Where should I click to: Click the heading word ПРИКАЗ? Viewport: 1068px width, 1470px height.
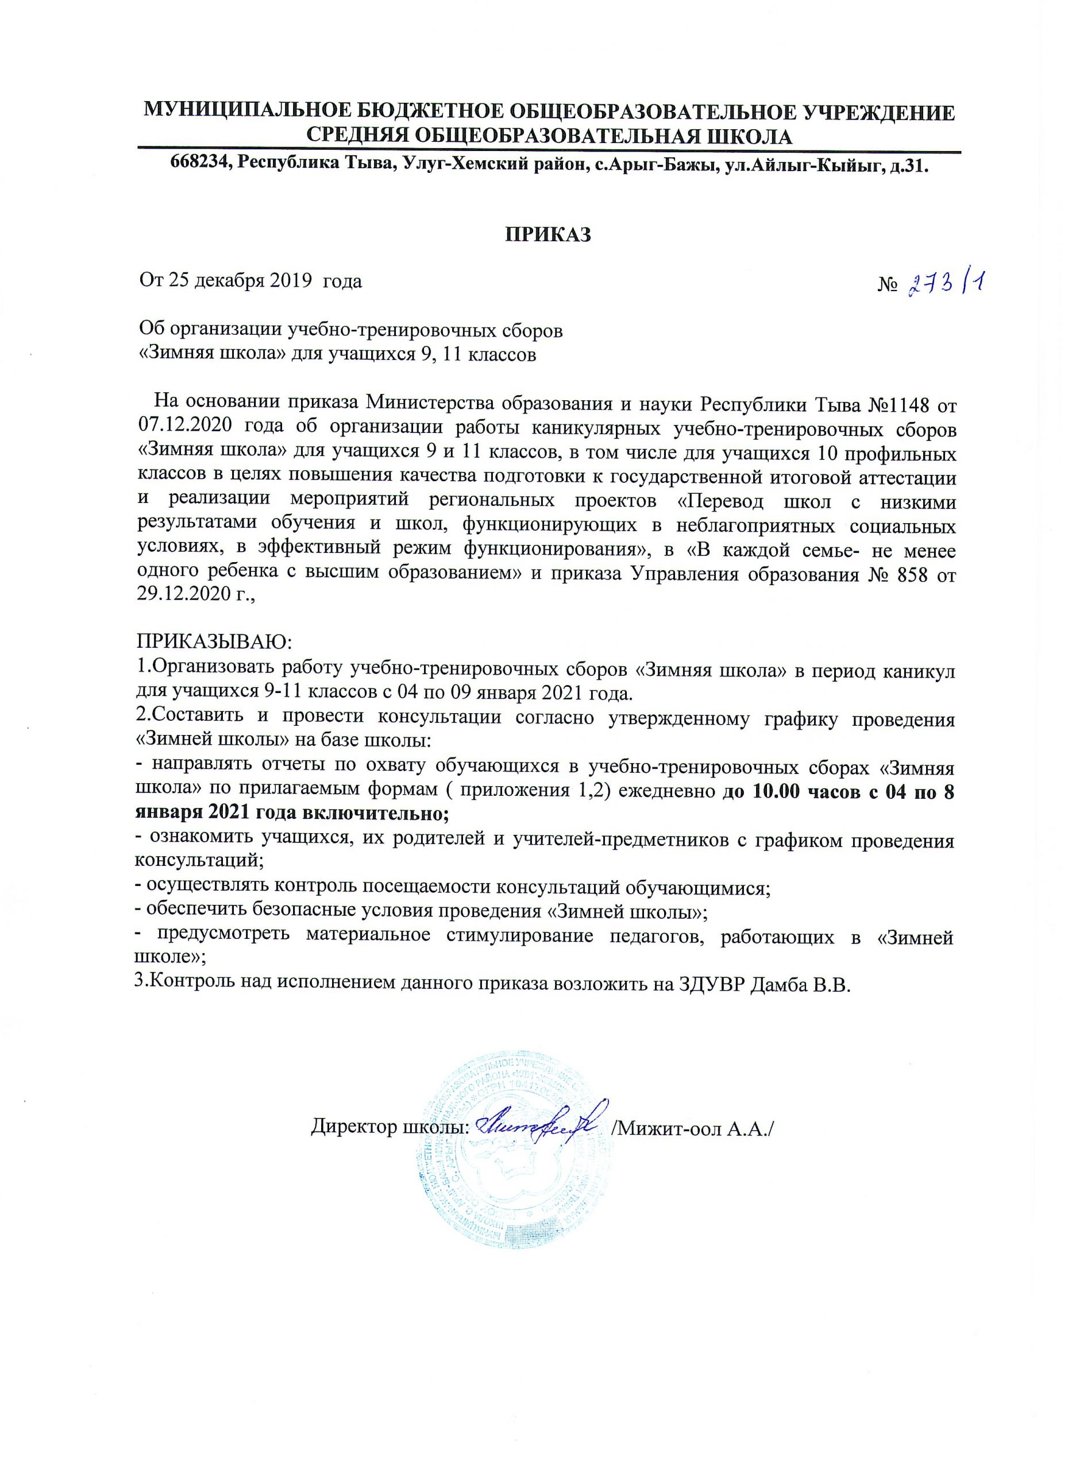[549, 235]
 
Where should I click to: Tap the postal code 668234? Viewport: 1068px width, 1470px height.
[199, 166]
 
